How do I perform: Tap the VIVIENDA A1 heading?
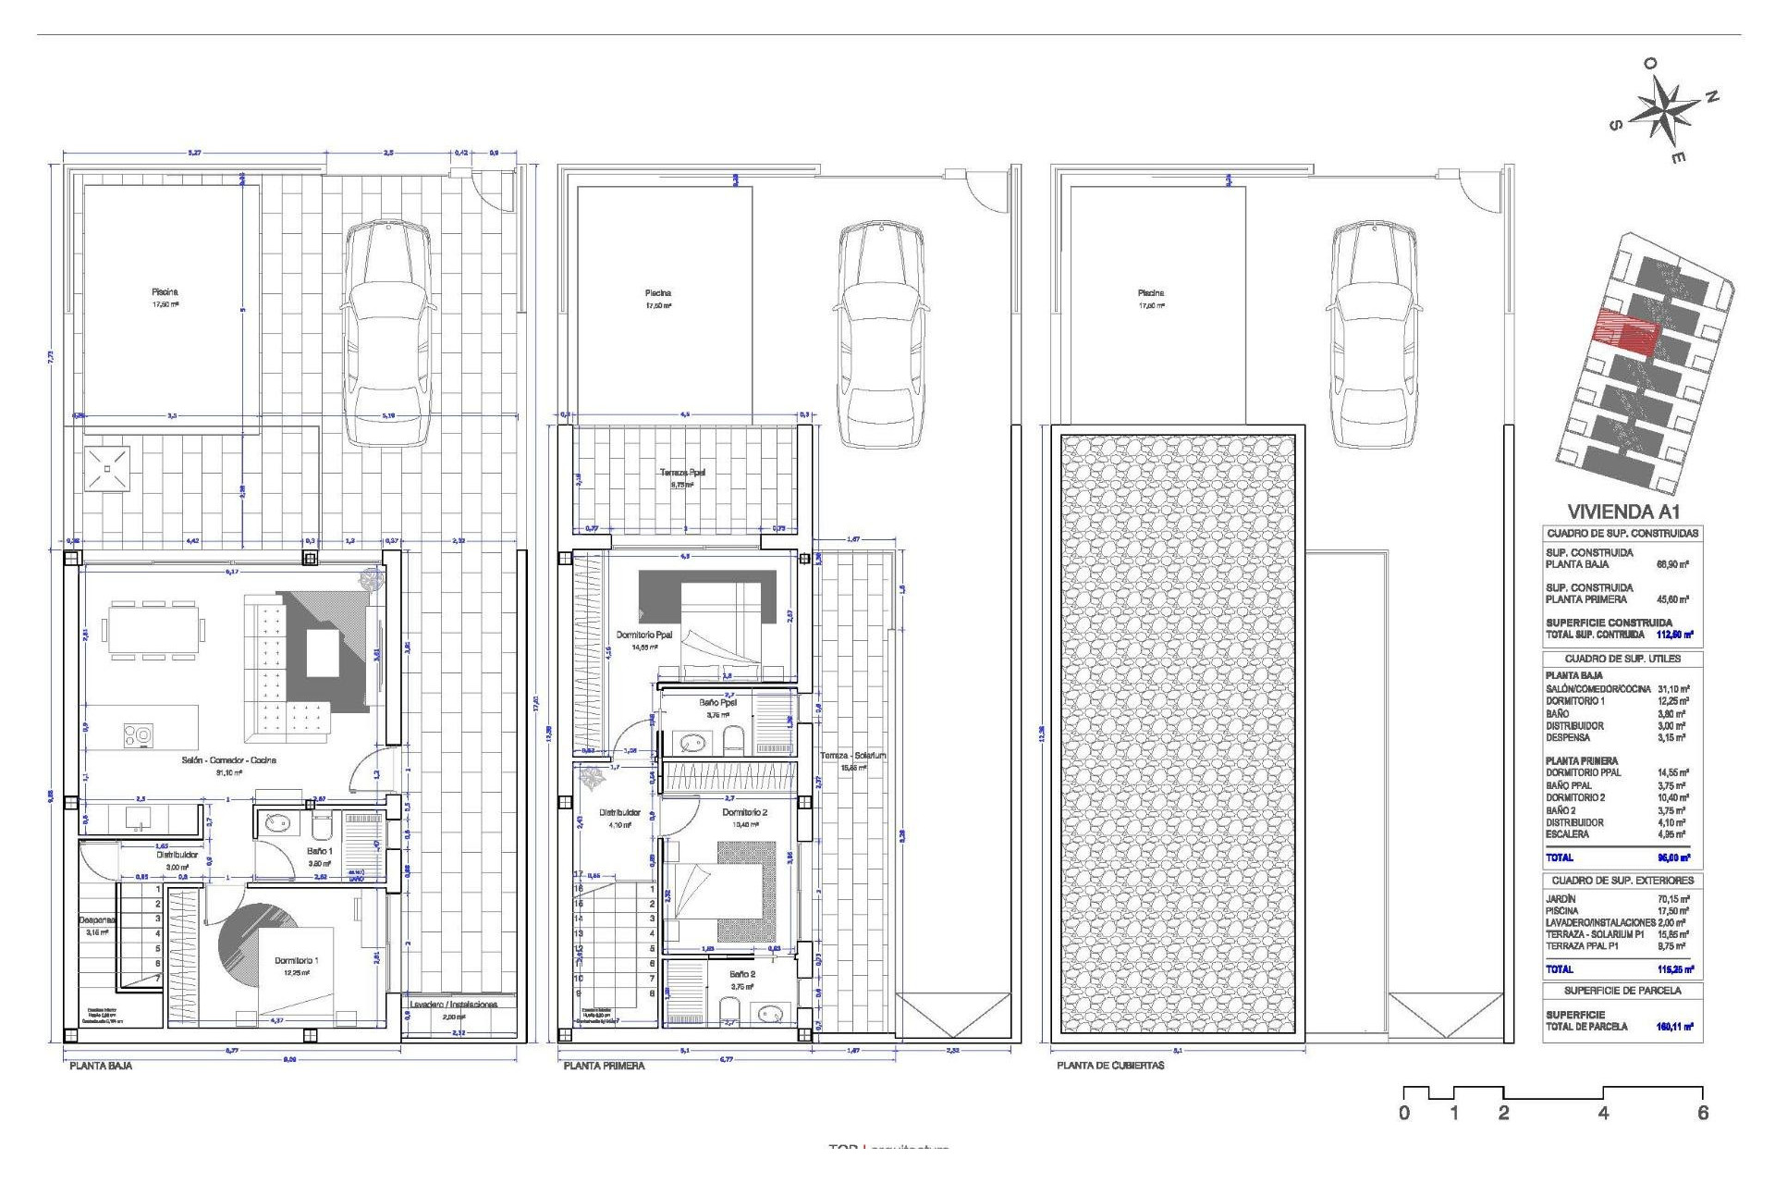coord(1622,512)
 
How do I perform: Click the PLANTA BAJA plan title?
coord(101,1066)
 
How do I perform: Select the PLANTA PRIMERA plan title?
coord(604,1066)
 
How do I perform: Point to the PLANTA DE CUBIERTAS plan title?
coord(1110,1066)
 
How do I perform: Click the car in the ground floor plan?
coord(387,333)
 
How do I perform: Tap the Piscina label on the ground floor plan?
coord(165,292)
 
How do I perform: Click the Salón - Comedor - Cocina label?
coord(228,760)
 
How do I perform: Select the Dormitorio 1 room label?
coord(296,961)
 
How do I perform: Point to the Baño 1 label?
coord(319,851)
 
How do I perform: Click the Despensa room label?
coord(96,920)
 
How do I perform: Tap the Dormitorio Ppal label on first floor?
coord(644,635)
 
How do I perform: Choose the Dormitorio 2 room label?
coord(744,812)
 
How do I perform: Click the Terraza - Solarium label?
coord(852,756)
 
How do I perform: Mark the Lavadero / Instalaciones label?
coord(453,1005)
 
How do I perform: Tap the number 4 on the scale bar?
coord(1603,1114)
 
